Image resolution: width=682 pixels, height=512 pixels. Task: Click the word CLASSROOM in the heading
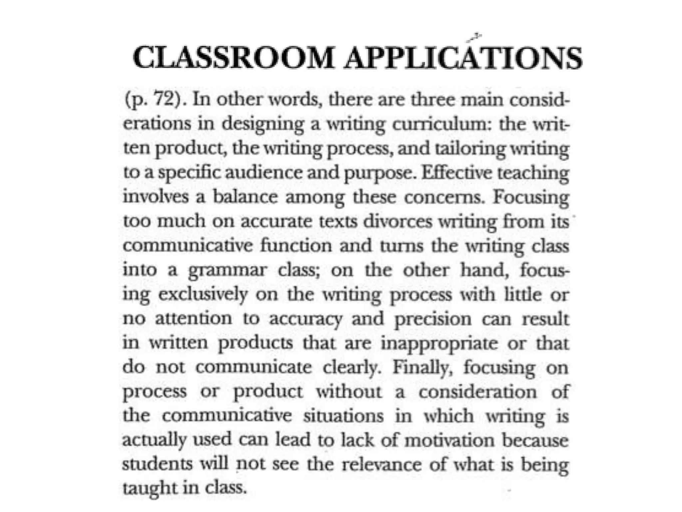click(x=233, y=58)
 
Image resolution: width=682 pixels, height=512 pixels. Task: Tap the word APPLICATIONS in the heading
click(x=463, y=58)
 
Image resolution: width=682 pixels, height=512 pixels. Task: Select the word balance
click(x=245, y=197)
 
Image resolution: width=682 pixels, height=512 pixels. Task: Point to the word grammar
click(x=228, y=270)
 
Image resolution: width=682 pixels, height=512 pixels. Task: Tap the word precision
click(x=433, y=319)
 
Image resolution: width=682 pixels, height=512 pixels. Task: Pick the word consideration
click(x=478, y=392)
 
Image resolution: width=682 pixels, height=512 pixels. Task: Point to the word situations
click(x=343, y=416)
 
